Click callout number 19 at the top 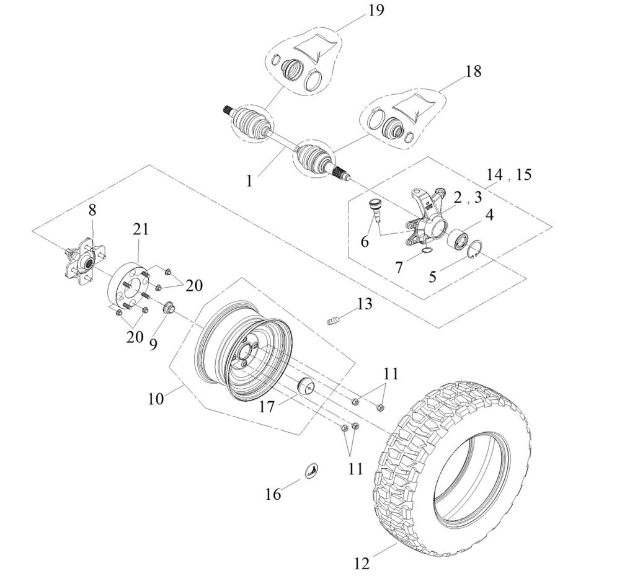pos(376,11)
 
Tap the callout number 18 pos(473,71)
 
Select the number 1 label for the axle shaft pos(249,181)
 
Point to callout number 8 pos(92,210)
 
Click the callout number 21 pos(141,228)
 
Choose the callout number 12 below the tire pos(362,564)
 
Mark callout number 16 pos(273,494)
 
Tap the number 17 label pos(267,407)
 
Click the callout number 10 pos(156,398)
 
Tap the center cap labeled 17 pos(306,386)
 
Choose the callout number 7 pos(399,267)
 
